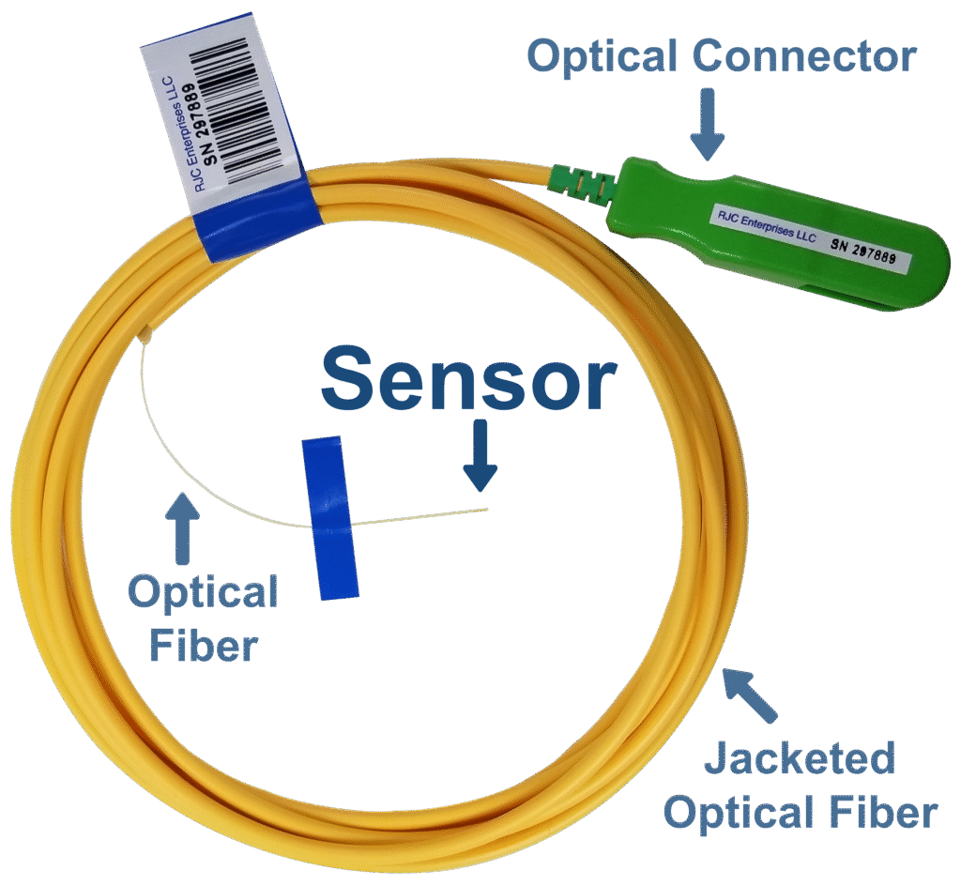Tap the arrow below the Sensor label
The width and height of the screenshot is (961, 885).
tap(480, 457)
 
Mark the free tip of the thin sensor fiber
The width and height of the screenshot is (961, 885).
tap(487, 510)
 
